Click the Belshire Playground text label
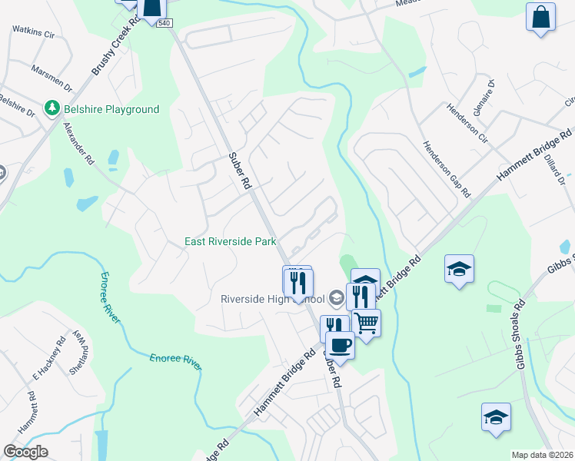pyautogui.click(x=111, y=110)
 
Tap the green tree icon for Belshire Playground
pyautogui.click(x=52, y=109)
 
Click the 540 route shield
pyautogui.click(x=164, y=23)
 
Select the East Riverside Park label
pyautogui.click(x=230, y=241)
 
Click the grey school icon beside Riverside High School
pyautogui.click(x=335, y=297)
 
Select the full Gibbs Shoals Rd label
pyautogui.click(x=520, y=332)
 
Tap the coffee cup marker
pyautogui.click(x=341, y=345)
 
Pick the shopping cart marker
pyautogui.click(x=367, y=323)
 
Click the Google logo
pyautogui.click(x=25, y=452)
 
